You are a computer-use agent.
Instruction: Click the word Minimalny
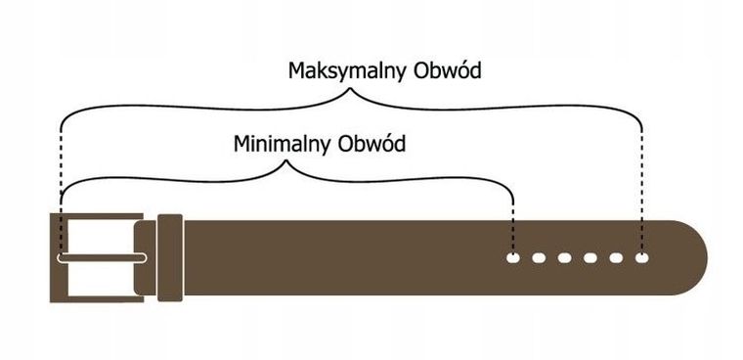coord(282,144)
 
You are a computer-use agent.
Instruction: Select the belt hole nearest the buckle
coord(512,258)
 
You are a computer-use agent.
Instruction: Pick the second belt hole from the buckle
coord(539,258)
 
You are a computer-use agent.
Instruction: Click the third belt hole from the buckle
coord(564,258)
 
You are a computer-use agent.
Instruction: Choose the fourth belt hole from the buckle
coord(590,258)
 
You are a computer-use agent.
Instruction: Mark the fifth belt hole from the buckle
coord(616,258)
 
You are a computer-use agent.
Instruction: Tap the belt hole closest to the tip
coord(641,258)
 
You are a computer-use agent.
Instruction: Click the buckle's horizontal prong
coord(103,258)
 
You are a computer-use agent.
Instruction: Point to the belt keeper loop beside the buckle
coord(170,258)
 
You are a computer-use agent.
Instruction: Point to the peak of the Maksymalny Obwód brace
coord(349,92)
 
